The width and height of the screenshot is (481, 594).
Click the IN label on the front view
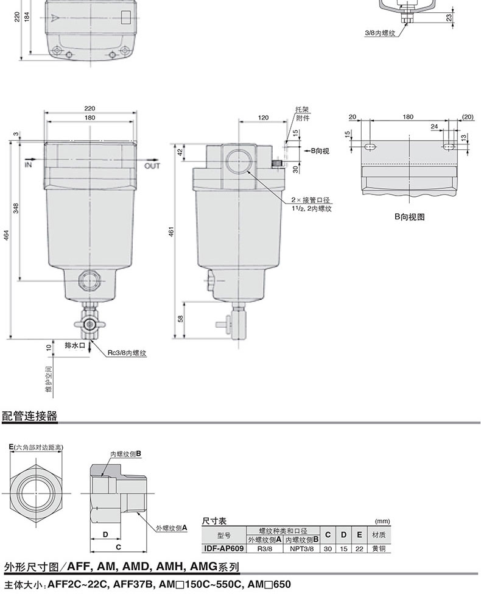(x=28, y=164)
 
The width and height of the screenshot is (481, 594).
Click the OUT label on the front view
(x=152, y=166)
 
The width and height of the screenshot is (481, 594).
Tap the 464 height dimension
(x=6, y=235)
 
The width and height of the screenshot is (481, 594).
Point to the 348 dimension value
(x=16, y=208)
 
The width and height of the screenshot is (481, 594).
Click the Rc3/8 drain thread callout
(x=127, y=353)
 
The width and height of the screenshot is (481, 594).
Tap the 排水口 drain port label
(x=75, y=345)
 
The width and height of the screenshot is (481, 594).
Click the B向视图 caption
(x=409, y=217)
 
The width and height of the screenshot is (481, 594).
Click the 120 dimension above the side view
(x=263, y=118)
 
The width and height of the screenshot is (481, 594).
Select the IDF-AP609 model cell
(x=224, y=548)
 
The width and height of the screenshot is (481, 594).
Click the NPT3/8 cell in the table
(x=302, y=548)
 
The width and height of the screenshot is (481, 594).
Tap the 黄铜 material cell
(x=379, y=548)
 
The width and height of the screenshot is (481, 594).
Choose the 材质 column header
(x=379, y=535)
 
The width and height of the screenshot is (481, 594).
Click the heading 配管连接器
(x=30, y=416)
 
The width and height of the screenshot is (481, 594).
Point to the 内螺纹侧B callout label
(x=126, y=453)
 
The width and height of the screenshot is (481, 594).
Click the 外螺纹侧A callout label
(x=172, y=528)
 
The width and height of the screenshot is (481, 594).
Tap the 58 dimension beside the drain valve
(x=181, y=319)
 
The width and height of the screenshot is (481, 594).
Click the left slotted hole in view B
(x=370, y=147)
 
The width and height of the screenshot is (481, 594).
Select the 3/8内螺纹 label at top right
(x=380, y=33)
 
